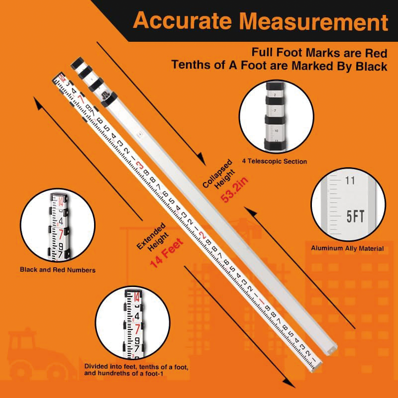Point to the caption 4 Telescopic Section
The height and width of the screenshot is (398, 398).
tap(275, 161)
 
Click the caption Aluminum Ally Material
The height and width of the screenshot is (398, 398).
tap(347, 248)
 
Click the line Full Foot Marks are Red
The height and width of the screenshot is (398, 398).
tap(319, 52)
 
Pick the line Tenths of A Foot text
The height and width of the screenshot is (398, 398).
tap(279, 66)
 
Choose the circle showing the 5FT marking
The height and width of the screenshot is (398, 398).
tap(348, 205)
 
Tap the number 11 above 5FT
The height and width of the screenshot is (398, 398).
tap(350, 181)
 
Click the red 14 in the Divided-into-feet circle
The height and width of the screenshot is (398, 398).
tap(136, 298)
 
